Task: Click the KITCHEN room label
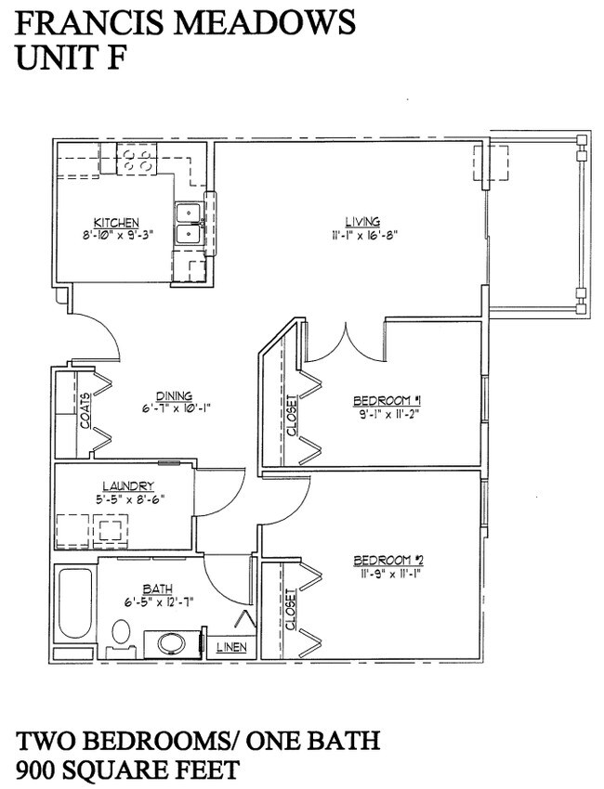point(116,222)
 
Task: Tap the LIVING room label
point(362,221)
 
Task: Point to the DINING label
point(175,396)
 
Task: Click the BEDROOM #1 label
point(387,401)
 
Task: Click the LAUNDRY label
point(128,486)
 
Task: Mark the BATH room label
point(158,589)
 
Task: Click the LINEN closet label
point(231,647)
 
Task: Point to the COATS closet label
point(85,410)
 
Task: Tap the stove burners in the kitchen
point(137,160)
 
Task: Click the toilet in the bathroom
point(121,638)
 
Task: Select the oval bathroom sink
point(172,644)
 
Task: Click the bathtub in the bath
point(75,605)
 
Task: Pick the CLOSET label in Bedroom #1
point(291,415)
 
